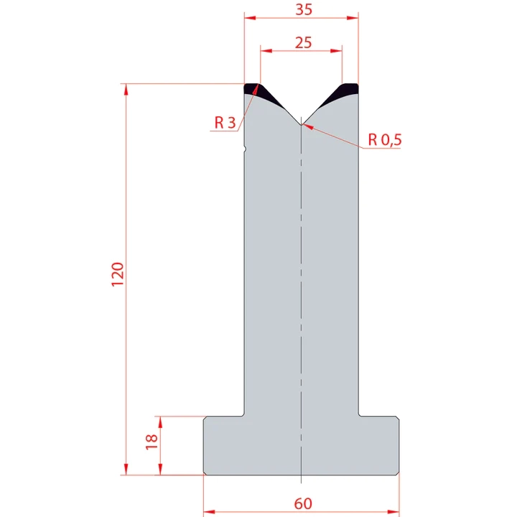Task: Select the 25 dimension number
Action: tap(302, 42)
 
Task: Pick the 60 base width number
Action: tap(303, 503)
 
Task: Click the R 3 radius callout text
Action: tap(224, 123)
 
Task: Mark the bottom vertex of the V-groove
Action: tap(301, 123)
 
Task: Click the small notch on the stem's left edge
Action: tap(245, 149)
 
